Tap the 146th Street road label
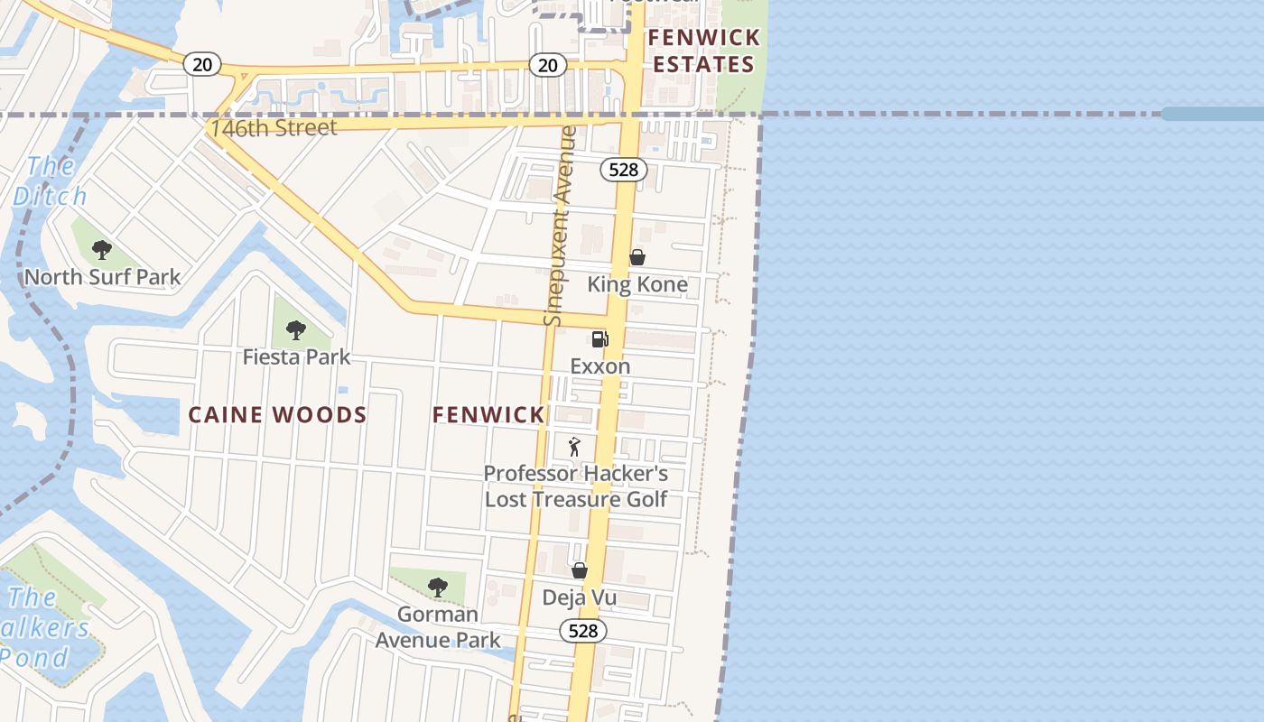point(274,128)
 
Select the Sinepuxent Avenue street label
point(560,226)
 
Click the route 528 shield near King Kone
point(624,170)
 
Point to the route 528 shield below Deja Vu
point(583,631)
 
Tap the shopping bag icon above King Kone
point(637,257)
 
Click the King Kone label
point(637,285)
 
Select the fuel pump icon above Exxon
point(599,339)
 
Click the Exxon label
point(600,366)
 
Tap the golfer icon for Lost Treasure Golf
point(574,447)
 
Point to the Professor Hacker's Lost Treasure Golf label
point(576,486)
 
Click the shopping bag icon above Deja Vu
point(580,570)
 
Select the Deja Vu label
point(579,597)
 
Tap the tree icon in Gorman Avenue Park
point(438,588)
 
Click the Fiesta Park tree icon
point(295,330)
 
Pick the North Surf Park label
point(102,278)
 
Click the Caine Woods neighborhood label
point(277,415)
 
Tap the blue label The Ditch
point(51,181)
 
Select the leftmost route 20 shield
point(202,64)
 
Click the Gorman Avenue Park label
point(438,627)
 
